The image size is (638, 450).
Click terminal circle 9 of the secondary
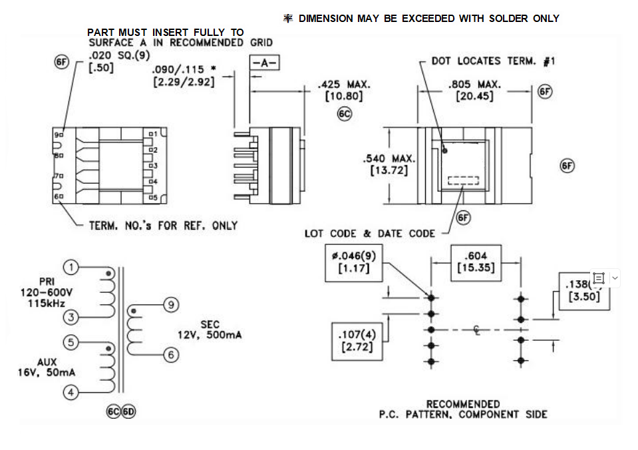(x=171, y=305)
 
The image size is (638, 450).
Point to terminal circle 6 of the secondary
(x=171, y=355)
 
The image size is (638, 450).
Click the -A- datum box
(x=265, y=63)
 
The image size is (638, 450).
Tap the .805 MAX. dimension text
(x=474, y=85)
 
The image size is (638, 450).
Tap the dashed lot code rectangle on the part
(x=463, y=180)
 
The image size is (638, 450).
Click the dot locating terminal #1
(x=444, y=151)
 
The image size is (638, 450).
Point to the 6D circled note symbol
(x=128, y=411)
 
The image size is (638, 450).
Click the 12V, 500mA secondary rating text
(x=210, y=334)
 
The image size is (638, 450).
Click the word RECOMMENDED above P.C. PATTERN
(x=463, y=404)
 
